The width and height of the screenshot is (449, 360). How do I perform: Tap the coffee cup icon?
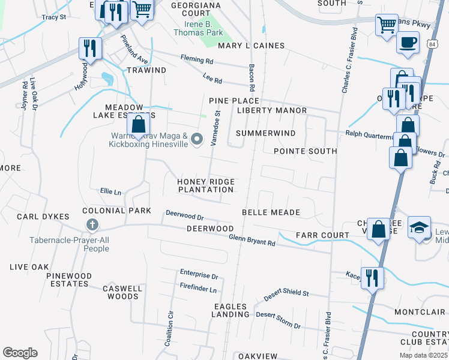click(x=408, y=43)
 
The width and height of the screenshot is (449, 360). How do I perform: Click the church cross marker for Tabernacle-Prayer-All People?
click(x=92, y=225)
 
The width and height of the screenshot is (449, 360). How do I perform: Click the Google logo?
click(x=20, y=353)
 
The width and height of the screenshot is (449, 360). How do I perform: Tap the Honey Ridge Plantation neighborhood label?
click(x=205, y=185)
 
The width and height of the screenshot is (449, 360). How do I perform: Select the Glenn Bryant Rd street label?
click(x=252, y=240)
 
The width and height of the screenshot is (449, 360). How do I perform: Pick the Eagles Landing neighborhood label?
click(x=231, y=310)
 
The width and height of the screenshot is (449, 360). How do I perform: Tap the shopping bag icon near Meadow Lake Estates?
click(x=138, y=125)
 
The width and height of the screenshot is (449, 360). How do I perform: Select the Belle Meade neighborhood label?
click(x=271, y=212)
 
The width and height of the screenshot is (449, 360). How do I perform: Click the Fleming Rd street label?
click(x=197, y=59)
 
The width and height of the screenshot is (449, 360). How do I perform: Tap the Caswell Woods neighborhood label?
click(x=122, y=292)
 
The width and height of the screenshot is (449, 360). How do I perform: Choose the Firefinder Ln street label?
click(x=197, y=289)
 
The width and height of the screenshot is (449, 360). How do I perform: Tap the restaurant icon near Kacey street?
click(x=372, y=277)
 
